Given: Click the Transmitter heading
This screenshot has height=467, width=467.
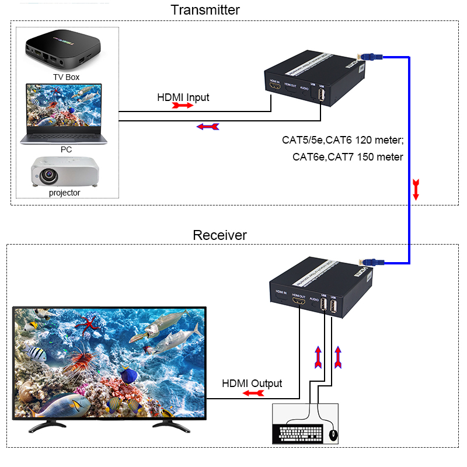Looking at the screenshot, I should tap(205, 10).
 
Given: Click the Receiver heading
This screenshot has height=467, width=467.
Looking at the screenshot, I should tap(219, 235).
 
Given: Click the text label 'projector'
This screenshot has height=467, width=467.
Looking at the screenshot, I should tap(65, 192).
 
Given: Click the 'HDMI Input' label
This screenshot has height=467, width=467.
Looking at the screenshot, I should tap(183, 97).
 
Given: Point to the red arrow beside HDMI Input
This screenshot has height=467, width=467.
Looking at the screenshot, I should tap(182, 106).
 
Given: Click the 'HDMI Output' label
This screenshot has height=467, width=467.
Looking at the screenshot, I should tap(252, 384).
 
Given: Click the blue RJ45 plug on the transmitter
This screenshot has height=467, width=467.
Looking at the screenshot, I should tap(372, 57).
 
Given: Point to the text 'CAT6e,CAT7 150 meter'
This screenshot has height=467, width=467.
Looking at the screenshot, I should tap(348, 156).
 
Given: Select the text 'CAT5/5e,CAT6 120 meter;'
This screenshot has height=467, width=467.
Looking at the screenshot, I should tap(343, 140).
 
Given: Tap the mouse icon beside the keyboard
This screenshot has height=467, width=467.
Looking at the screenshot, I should tap(333, 435).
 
